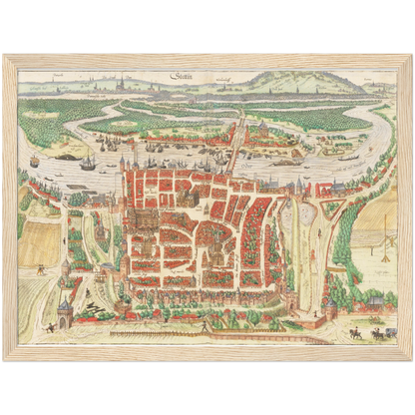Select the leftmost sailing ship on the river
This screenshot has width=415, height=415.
pos(35,161)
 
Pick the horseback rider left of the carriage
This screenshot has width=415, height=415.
pos(355,332)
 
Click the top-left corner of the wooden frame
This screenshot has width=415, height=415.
pos(4,55)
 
